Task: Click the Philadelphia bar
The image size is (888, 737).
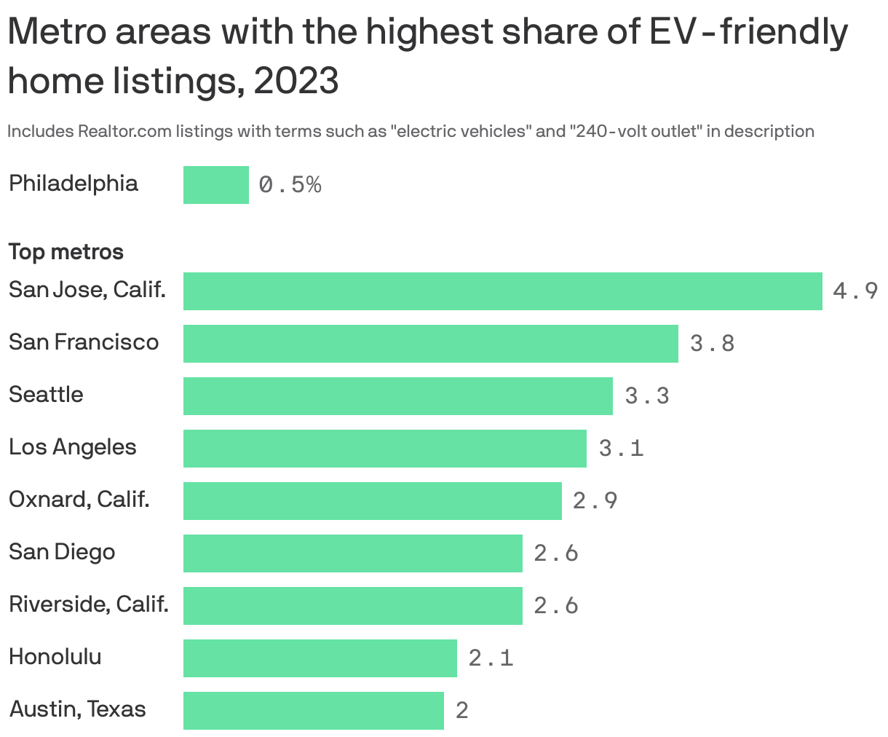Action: click(x=215, y=184)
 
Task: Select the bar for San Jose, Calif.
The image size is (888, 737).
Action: click(x=502, y=291)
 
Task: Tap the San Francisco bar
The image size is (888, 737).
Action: click(x=430, y=344)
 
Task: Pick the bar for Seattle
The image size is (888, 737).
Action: click(x=397, y=396)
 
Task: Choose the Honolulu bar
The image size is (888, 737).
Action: click(x=320, y=658)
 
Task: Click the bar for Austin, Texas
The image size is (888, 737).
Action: click(x=313, y=711)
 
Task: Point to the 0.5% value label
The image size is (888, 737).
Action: click(x=290, y=185)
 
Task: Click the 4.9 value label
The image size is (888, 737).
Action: click(x=855, y=292)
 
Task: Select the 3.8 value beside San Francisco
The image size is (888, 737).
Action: click(x=712, y=344)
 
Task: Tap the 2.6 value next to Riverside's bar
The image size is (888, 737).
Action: click(x=556, y=606)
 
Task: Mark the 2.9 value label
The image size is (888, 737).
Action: click(x=595, y=501)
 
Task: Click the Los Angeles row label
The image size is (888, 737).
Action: click(x=72, y=447)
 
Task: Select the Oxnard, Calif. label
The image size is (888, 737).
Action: click(x=79, y=500)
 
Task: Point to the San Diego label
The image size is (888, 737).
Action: click(x=62, y=552)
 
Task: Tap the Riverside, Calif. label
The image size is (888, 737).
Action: click(x=88, y=604)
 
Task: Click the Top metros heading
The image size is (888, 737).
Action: click(x=66, y=252)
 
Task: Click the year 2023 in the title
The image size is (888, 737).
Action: click(x=296, y=81)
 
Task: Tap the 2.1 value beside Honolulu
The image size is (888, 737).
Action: click(x=491, y=658)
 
